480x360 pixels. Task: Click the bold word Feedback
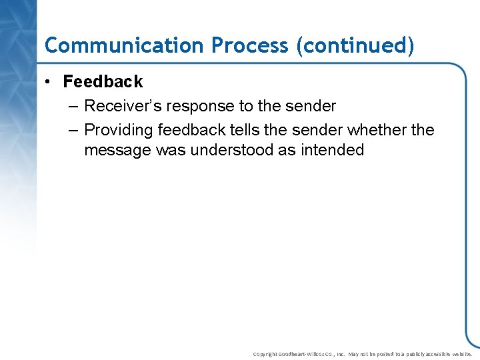tap(103, 82)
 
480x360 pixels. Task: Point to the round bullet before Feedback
tap(49, 82)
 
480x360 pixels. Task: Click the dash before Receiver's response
tap(71, 106)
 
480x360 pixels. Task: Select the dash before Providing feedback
tap(71, 130)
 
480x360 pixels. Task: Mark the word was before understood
tap(171, 150)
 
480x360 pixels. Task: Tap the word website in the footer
tap(461, 354)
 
